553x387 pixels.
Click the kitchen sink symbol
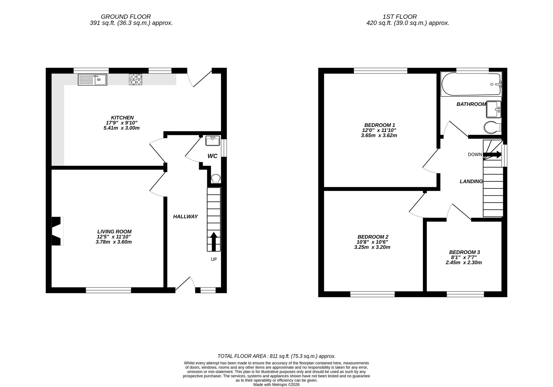[92, 80]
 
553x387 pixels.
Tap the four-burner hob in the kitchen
[135, 79]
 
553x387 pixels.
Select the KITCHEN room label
[122, 118]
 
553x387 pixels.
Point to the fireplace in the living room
[57, 231]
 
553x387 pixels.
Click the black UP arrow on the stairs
[214, 241]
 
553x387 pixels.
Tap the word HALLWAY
[185, 216]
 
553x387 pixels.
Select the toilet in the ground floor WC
[216, 179]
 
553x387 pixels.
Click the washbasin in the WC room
[213, 141]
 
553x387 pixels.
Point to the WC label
[212, 156]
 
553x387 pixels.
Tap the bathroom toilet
[492, 127]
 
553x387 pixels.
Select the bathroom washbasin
[494, 109]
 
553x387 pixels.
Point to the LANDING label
[471, 182]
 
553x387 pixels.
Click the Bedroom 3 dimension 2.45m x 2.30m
[464, 263]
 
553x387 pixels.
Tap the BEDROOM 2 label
[373, 237]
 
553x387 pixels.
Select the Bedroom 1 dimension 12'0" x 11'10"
[379, 130]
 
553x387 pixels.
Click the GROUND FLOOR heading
[126, 17]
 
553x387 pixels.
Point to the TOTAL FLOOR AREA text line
[276, 356]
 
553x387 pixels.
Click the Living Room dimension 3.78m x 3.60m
[114, 242]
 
